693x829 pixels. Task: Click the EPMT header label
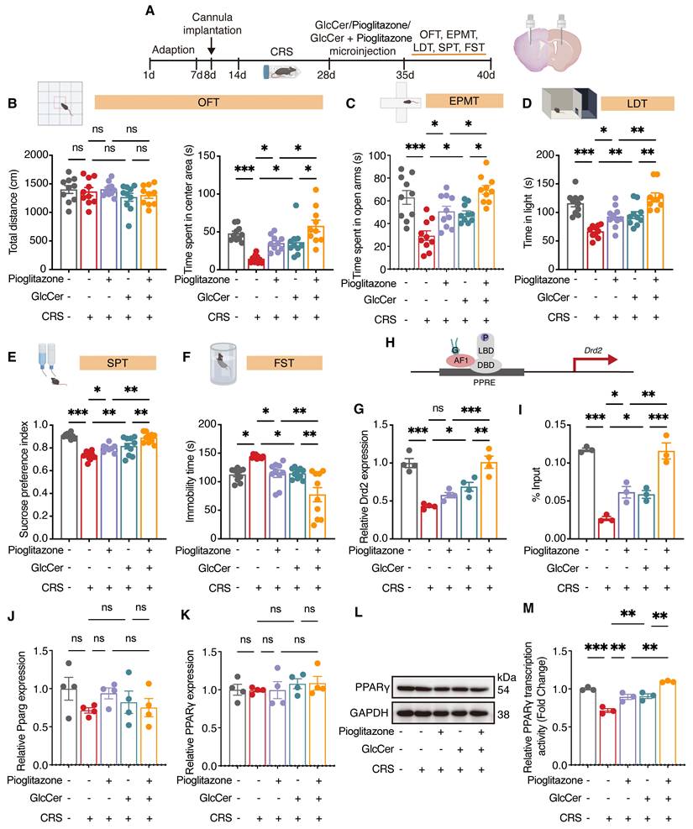[464, 101]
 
